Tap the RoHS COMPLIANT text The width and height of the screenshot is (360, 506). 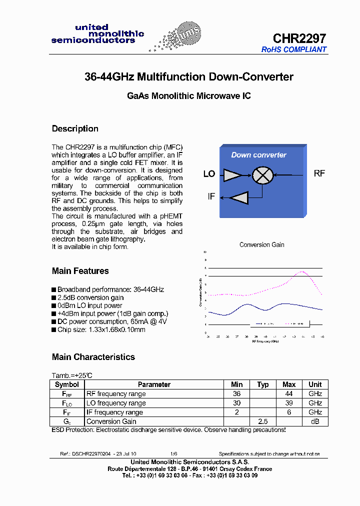(294, 49)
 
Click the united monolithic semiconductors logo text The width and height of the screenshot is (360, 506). (97, 34)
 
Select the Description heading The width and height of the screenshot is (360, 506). (75, 128)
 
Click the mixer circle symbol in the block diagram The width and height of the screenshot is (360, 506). (260, 174)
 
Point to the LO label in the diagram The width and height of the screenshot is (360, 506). (209, 174)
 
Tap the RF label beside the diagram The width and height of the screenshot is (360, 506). (319, 173)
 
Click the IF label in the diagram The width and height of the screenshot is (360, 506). (211, 197)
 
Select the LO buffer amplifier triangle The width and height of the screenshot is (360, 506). (232, 174)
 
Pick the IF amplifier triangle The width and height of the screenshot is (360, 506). (238, 197)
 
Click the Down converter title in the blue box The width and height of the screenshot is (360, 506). (258, 155)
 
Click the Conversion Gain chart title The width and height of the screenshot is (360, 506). (261, 244)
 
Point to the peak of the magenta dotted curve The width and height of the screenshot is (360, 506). (302, 271)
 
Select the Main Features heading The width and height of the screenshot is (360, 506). (80, 271)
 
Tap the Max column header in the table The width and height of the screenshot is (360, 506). (289, 384)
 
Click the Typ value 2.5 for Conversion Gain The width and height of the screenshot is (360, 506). (262, 421)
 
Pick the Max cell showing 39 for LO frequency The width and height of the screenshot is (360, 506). (289, 403)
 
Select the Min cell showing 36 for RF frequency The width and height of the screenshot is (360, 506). (236, 393)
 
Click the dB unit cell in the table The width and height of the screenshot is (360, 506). (315, 421)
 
